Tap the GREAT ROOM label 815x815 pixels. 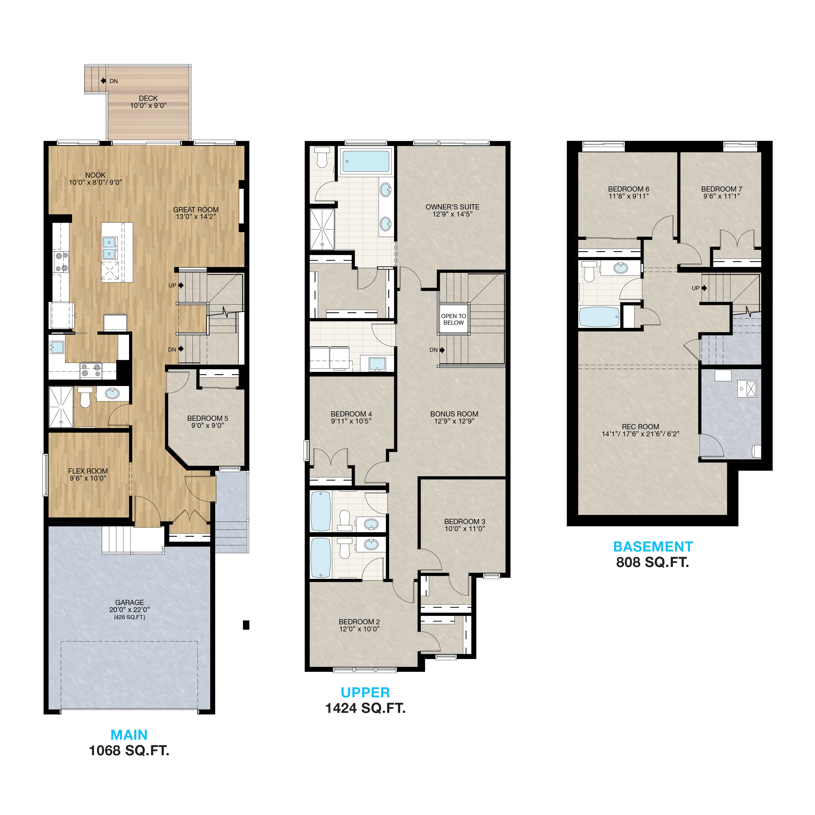(196, 210)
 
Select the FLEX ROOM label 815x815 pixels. (88, 471)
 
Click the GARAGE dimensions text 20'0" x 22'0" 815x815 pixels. (130, 610)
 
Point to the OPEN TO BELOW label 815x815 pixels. (453, 319)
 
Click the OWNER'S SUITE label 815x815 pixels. (452, 207)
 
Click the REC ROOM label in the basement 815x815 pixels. (640, 427)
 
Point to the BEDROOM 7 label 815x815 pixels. (721, 189)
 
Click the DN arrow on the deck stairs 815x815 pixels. (103, 81)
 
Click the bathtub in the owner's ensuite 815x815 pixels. (366, 161)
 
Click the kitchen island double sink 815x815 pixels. (109, 247)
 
